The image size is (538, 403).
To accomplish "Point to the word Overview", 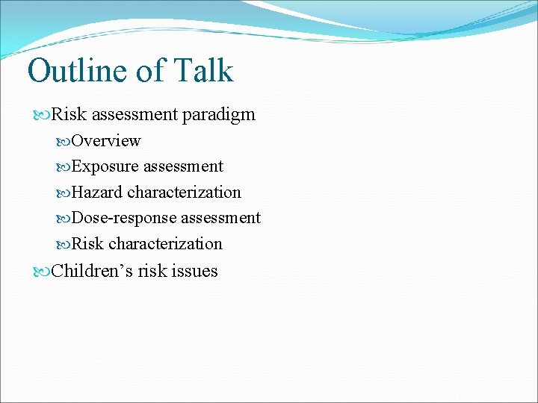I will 105,141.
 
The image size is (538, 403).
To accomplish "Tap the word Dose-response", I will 123,218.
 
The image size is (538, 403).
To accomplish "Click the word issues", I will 195,271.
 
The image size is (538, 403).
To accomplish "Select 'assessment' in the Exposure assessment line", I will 183,166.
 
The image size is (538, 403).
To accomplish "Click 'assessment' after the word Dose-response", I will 220,218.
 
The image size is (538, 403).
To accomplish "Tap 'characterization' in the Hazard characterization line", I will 184,193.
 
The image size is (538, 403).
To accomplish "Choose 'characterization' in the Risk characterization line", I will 165,244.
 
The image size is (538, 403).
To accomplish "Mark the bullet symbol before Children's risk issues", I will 42,272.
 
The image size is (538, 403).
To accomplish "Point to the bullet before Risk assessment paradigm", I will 42,116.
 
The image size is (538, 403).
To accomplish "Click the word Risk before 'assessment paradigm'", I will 68,115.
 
